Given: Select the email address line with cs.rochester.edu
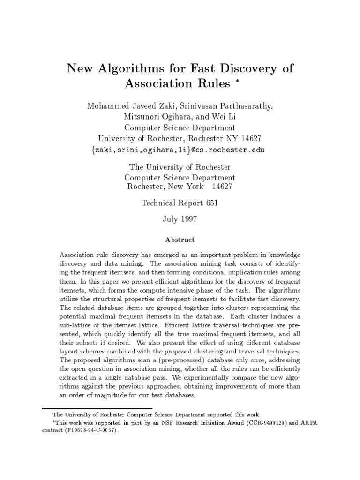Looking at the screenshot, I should point(180,150).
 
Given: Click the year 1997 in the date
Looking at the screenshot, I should point(187,218).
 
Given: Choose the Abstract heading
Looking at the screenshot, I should point(180,240).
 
